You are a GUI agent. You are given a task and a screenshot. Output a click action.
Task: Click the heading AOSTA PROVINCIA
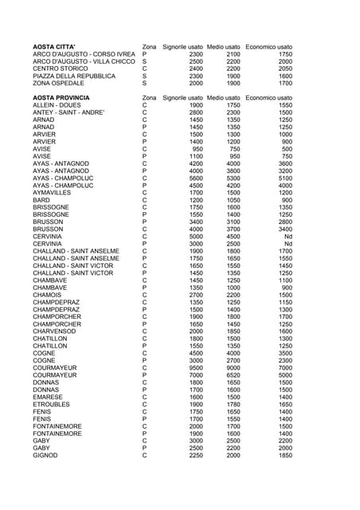click(61, 97)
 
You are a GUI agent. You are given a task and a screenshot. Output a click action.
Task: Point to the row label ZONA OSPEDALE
click(60, 83)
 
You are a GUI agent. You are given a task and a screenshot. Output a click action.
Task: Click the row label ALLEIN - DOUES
click(57, 104)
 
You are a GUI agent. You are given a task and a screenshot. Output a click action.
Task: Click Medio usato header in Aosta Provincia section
click(224, 97)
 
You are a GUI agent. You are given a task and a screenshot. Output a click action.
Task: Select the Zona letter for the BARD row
click(144, 199)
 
